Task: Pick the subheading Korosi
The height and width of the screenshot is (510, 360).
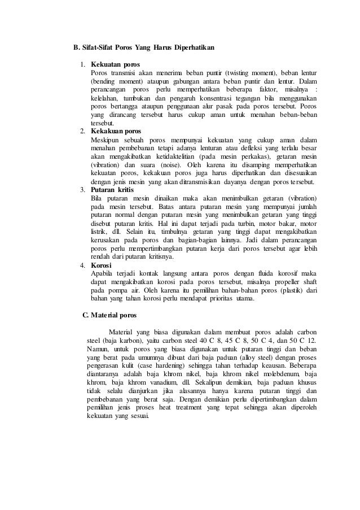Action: (x=102, y=265)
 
